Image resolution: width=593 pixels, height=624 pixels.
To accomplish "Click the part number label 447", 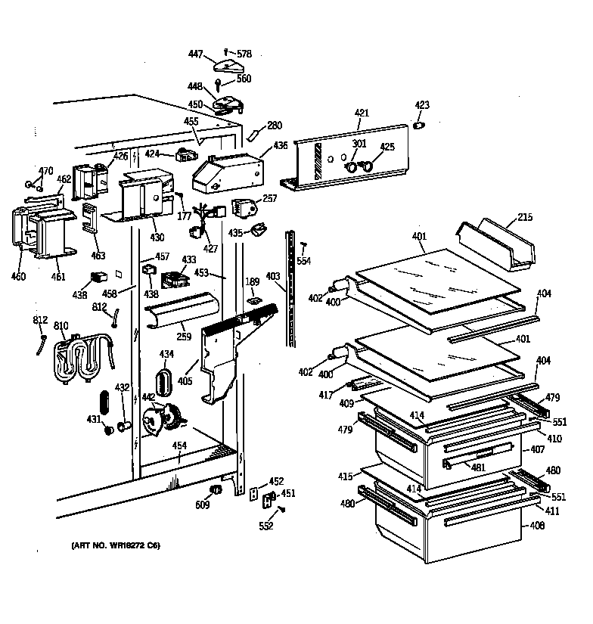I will click(x=195, y=54).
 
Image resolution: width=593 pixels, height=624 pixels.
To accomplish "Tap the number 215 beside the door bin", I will click(x=525, y=218).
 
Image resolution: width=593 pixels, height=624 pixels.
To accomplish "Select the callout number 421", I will click(x=362, y=113).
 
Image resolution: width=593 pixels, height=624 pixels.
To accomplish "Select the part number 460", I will click(x=18, y=276).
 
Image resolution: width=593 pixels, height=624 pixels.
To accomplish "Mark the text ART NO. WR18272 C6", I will click(x=116, y=545).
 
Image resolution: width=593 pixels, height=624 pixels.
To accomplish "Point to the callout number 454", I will click(x=179, y=446).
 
